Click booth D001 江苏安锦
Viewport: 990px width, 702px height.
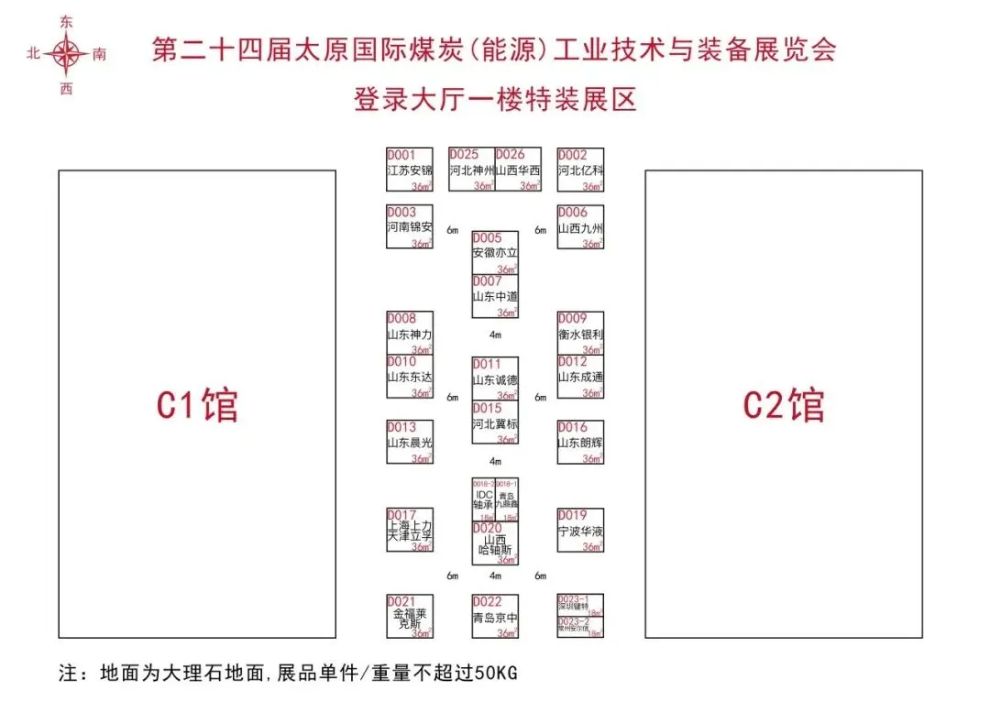click(x=409, y=170)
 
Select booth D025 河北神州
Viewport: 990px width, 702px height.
click(x=472, y=170)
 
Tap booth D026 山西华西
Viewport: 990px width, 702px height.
click(x=518, y=170)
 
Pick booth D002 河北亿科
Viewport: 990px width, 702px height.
click(x=580, y=170)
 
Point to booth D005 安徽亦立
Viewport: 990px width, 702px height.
click(x=495, y=253)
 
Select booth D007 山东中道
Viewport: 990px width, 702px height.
click(x=495, y=296)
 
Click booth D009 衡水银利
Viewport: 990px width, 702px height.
click(x=580, y=334)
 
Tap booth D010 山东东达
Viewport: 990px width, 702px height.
click(x=409, y=377)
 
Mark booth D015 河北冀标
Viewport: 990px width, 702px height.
click(x=495, y=422)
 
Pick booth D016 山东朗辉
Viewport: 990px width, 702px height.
click(x=580, y=442)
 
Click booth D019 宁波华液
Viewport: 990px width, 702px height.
click(x=580, y=531)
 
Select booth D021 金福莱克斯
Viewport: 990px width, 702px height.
click(x=409, y=617)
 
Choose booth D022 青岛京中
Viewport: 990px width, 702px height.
click(x=495, y=617)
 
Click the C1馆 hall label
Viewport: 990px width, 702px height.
click(x=197, y=405)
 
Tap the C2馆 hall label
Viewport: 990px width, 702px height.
click(x=784, y=405)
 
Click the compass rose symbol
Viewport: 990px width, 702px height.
click(x=66, y=54)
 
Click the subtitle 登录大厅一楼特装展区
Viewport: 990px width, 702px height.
click(x=495, y=98)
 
